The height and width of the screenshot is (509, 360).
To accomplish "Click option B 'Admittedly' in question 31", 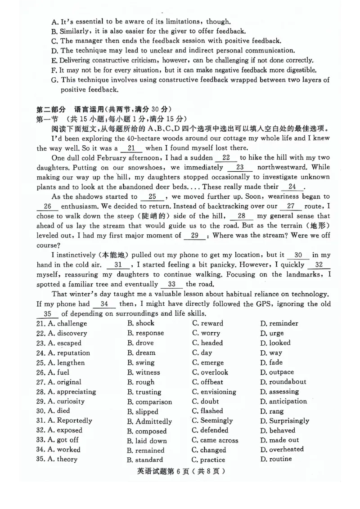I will [x=149, y=421].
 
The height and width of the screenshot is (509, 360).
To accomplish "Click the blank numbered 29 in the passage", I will [x=194, y=236].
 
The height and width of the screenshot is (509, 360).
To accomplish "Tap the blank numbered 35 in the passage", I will [x=48, y=314].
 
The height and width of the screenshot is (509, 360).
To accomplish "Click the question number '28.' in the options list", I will [x=40, y=392].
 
